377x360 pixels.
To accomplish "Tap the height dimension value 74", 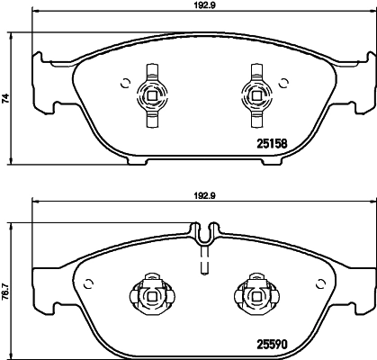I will pyautogui.click(x=7, y=101).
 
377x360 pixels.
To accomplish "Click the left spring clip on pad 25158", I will pyautogui.click(x=152, y=92).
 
